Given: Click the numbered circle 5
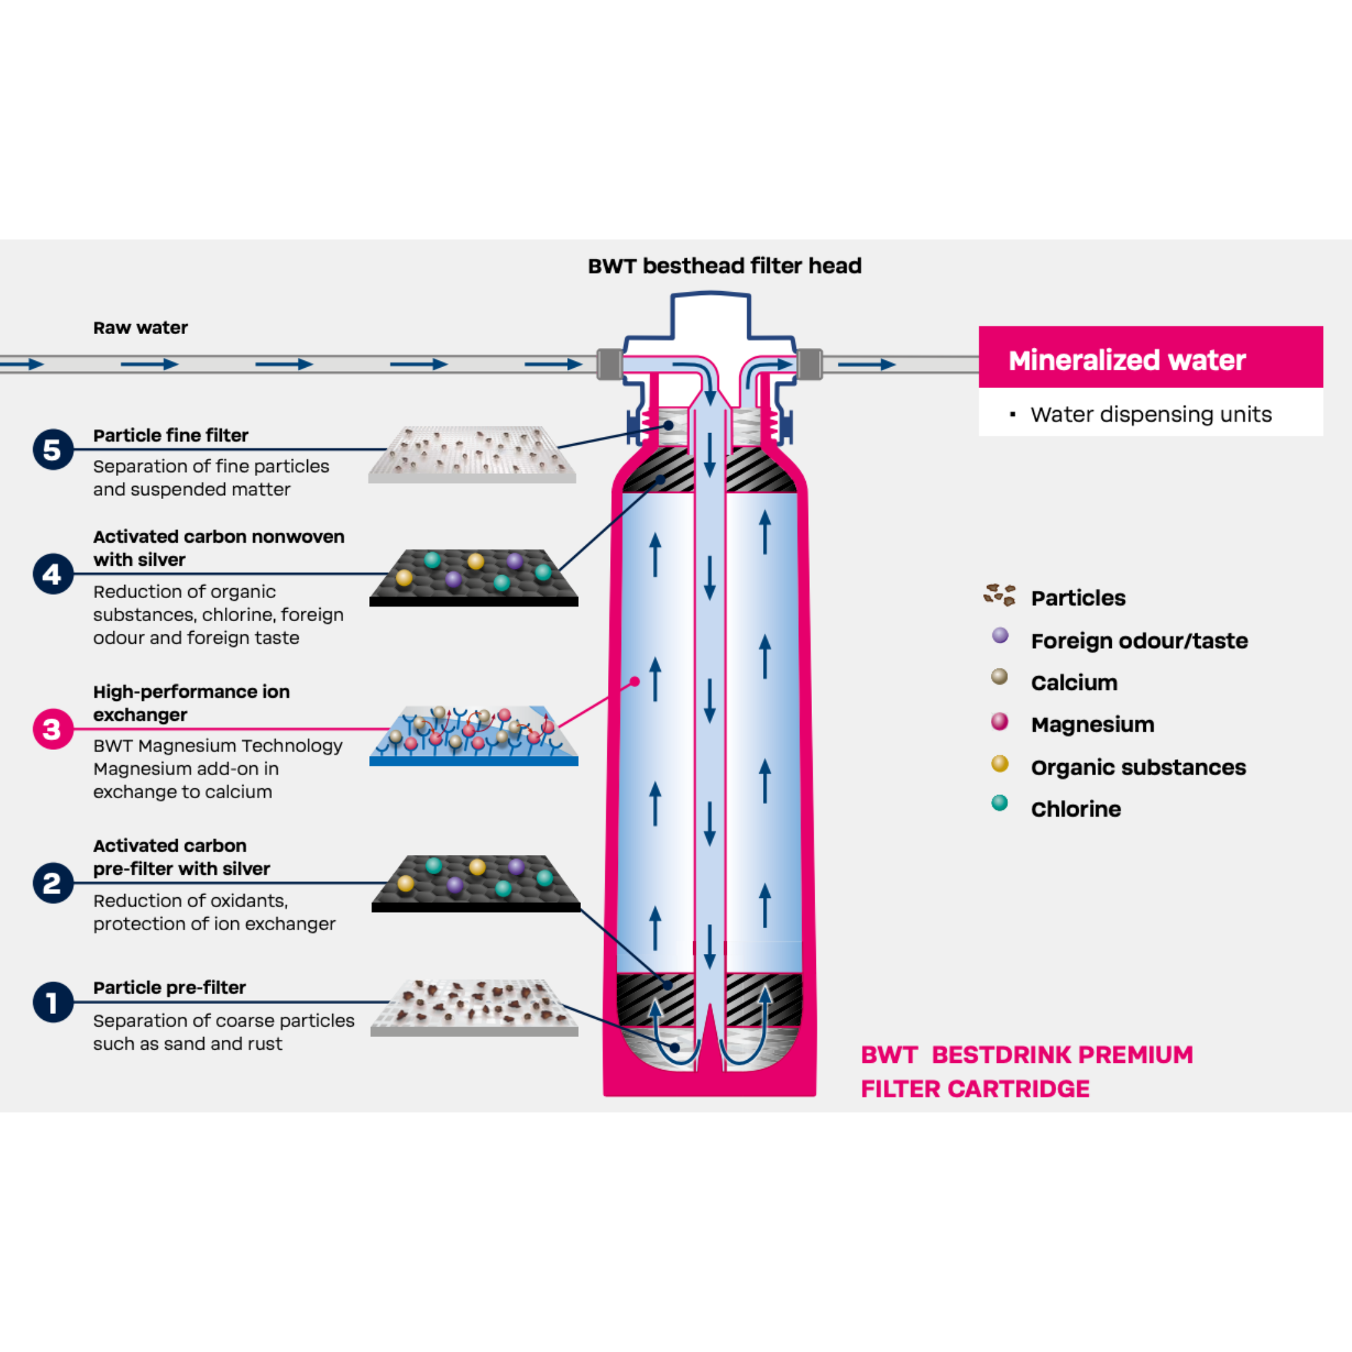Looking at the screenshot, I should pos(53,450).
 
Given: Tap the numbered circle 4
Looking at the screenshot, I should pos(53,574).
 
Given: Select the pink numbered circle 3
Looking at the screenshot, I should pos(53,729).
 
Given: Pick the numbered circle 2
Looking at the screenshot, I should pos(53,883).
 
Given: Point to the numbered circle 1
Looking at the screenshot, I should pos(53,1002).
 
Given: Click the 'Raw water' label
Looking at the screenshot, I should pos(141,327).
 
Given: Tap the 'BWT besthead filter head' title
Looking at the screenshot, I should pos(724,266).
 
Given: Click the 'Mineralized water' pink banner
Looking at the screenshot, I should pos(1150,360).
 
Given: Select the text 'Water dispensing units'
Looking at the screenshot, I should pos(1151,415).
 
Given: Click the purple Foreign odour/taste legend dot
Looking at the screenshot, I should pos(1000,636).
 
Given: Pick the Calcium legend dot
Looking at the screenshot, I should pos(999,677).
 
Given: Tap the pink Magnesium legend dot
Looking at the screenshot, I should pos(999,721).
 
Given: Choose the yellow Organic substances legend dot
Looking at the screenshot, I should pos(999,764).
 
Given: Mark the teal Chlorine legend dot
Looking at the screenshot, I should pos(999,803).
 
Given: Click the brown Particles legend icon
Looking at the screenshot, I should pos(999,595).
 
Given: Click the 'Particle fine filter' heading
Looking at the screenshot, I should pos(171,435).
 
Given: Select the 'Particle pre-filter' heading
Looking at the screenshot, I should pos(170,988).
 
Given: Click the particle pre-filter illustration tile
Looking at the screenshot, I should pos(474,1007).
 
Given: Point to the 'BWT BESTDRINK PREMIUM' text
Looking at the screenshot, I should pos(1027,1054).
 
